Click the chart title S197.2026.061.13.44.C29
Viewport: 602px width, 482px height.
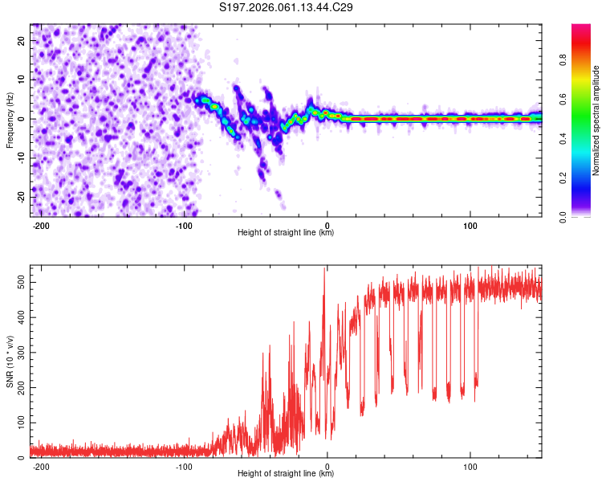(287, 7)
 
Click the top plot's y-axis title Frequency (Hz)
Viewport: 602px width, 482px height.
(10, 120)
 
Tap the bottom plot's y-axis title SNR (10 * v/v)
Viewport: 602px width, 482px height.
(10, 361)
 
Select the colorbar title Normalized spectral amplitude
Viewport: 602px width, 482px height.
(596, 120)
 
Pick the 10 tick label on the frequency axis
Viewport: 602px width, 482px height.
(22, 80)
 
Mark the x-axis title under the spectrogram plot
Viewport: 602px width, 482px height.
(286, 233)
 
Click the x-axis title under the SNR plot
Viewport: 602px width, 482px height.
(286, 474)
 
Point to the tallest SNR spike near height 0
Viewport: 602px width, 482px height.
(324, 270)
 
